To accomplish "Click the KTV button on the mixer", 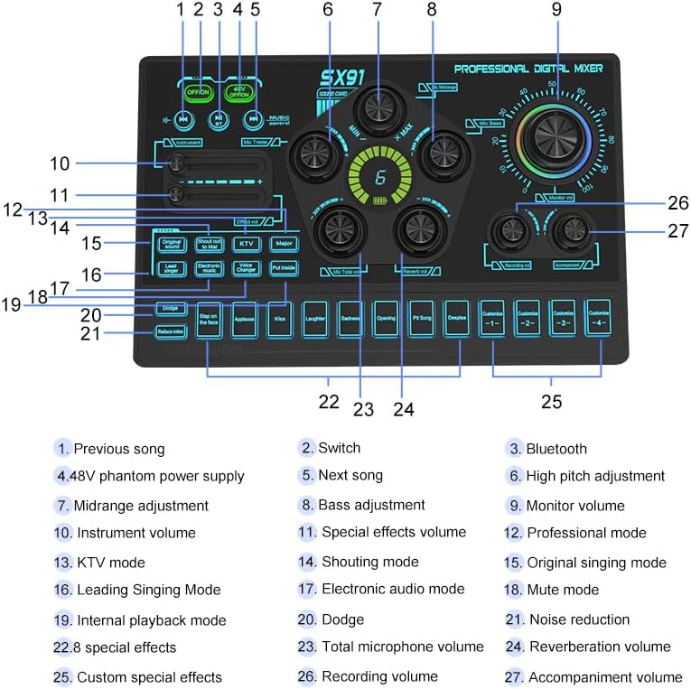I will tap(245, 244).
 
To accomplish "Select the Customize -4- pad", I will tap(597, 319).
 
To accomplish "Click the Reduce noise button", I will tap(171, 331).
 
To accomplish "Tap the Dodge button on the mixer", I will tap(171, 308).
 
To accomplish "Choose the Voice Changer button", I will tap(245, 268).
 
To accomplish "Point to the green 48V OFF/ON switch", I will tap(238, 92).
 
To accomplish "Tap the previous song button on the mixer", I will tap(183, 117).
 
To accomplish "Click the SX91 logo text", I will tap(342, 78).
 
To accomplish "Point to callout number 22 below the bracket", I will tap(329, 402).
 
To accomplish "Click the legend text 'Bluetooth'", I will tap(556, 449).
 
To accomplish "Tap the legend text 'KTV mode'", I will tap(110, 562).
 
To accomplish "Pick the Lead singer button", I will tap(171, 268).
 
